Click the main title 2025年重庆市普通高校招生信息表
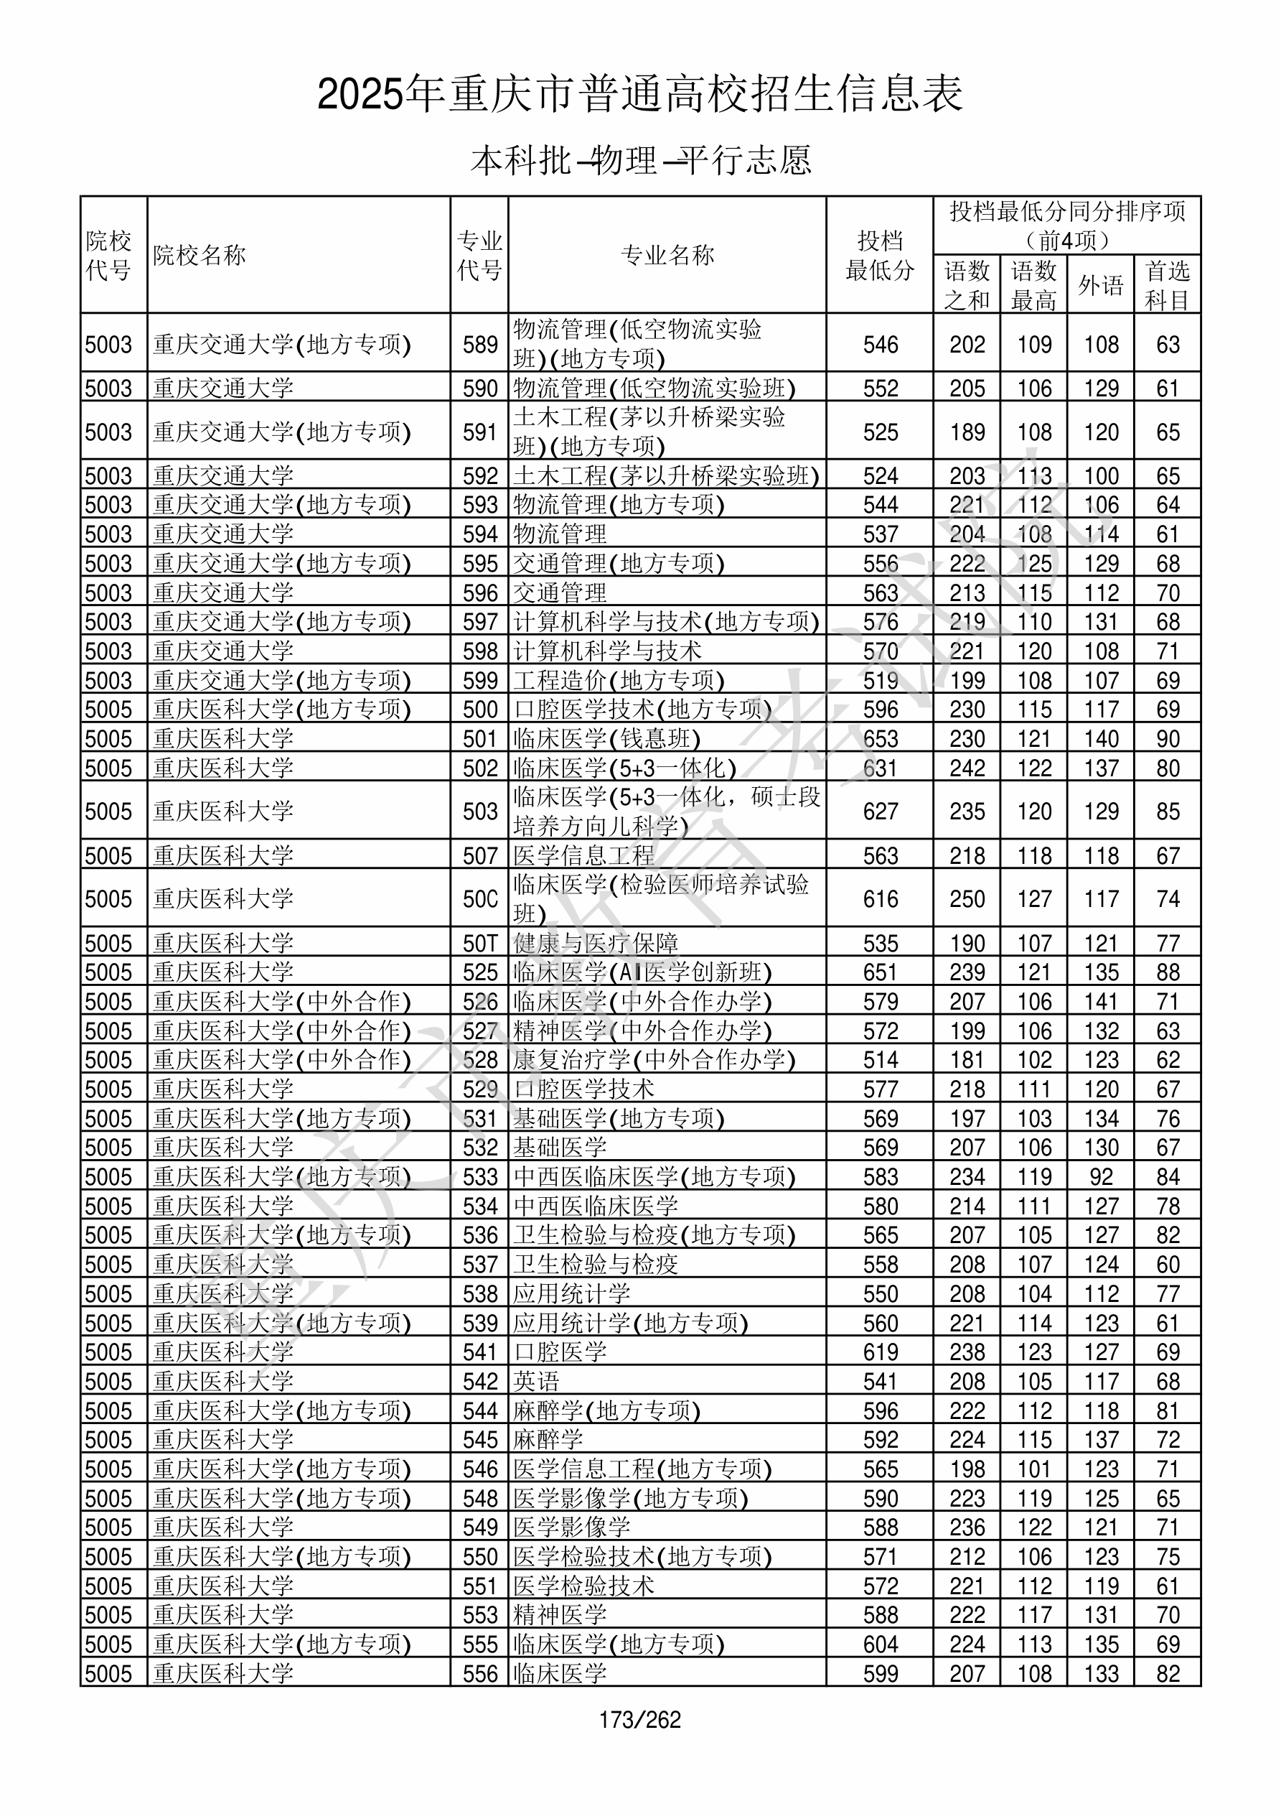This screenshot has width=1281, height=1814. [639, 95]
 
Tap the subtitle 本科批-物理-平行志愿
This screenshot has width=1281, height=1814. [639, 160]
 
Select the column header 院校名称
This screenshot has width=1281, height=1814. [200, 255]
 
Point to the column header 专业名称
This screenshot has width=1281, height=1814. [667, 255]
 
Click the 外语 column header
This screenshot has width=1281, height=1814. [1100, 285]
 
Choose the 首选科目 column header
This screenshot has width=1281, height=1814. [1168, 285]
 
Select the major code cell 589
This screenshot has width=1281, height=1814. [480, 345]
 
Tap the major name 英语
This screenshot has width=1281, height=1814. [536, 1381]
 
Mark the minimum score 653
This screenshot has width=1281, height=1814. [880, 739]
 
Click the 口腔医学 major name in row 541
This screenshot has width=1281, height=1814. [560, 1352]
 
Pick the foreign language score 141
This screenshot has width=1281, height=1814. [1101, 1002]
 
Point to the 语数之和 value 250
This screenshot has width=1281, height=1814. [967, 899]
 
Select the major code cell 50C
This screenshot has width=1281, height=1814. [480, 899]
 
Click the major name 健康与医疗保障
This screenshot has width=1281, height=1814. [596, 944]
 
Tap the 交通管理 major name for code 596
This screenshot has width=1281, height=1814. [560, 592]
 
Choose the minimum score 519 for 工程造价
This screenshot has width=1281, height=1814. [880, 680]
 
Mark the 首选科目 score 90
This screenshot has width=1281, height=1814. [1168, 739]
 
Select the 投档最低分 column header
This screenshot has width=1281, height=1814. [880, 255]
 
